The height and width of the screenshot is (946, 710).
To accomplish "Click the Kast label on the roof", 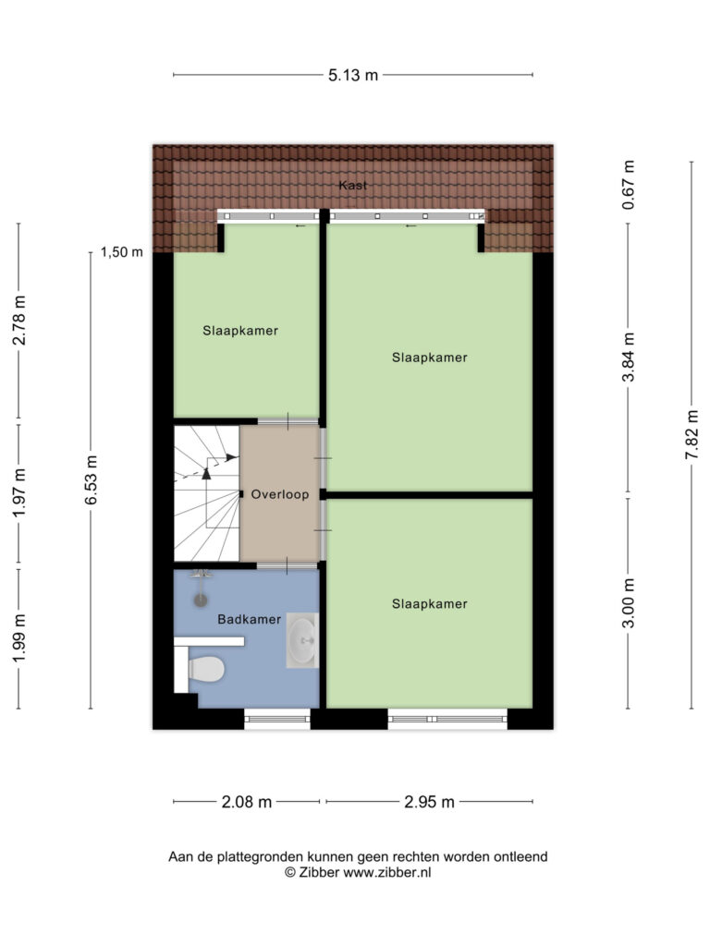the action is pyautogui.click(x=352, y=185).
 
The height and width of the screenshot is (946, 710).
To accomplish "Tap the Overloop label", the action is pyautogui.click(x=280, y=495).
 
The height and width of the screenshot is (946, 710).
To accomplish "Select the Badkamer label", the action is pyautogui.click(x=250, y=619).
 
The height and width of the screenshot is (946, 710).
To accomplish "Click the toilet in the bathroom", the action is pyautogui.click(x=206, y=669).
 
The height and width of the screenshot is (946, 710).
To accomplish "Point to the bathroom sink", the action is pyautogui.click(x=302, y=641).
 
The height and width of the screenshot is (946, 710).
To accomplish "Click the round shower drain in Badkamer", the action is pyautogui.click(x=200, y=600).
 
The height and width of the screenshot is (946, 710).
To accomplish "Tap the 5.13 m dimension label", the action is pyautogui.click(x=353, y=76).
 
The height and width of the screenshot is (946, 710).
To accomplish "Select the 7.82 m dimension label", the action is pyautogui.click(x=692, y=434).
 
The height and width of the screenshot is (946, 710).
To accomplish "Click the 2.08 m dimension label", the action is pyautogui.click(x=247, y=802).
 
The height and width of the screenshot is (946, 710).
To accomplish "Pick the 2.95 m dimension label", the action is pyautogui.click(x=429, y=802).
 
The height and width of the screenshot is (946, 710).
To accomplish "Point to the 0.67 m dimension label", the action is pyautogui.click(x=629, y=185).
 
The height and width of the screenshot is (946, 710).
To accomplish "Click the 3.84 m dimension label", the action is pyautogui.click(x=629, y=358).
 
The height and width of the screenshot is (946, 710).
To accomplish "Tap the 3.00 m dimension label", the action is pyautogui.click(x=629, y=603).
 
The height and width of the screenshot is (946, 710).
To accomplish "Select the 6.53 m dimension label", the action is pyautogui.click(x=92, y=480).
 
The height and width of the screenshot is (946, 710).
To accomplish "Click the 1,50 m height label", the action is pyautogui.click(x=122, y=252).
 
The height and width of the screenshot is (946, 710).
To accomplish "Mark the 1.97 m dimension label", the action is pyautogui.click(x=19, y=493).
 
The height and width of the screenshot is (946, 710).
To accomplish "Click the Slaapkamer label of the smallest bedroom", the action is pyautogui.click(x=240, y=331).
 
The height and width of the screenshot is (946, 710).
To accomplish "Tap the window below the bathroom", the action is pyautogui.click(x=277, y=719).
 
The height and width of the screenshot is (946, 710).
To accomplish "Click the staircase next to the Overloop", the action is pyautogui.click(x=207, y=493).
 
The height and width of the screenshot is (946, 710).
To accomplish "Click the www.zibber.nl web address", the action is pyautogui.click(x=387, y=872).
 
